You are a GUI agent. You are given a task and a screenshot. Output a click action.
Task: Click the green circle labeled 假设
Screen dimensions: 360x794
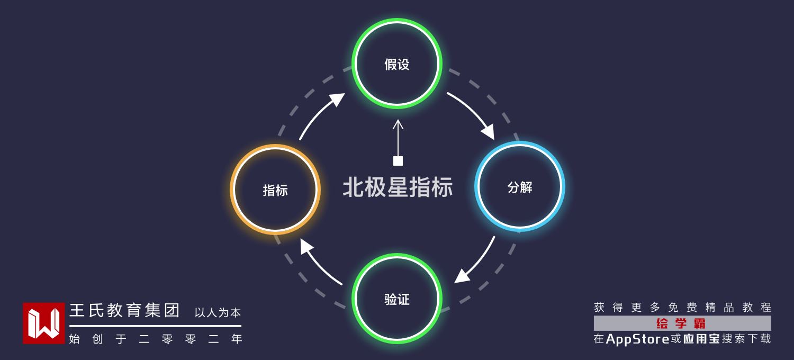coord(397,64)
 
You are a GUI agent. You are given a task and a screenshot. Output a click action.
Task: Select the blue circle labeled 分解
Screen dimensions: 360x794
coord(519,186)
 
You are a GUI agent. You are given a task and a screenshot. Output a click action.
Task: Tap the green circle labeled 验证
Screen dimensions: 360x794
coord(397,299)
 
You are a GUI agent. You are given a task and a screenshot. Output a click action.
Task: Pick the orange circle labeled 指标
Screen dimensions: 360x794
coord(275,190)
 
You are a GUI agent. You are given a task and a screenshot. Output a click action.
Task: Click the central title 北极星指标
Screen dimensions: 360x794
coord(398,187)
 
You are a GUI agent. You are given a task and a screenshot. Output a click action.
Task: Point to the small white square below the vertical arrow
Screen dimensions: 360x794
coord(398,161)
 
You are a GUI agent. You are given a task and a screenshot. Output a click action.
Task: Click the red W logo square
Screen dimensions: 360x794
coord(43,323)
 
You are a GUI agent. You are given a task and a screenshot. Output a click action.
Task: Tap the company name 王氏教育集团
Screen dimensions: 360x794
coord(125,310)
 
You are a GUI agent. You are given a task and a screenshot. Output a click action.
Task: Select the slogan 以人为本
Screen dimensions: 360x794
coord(218,312)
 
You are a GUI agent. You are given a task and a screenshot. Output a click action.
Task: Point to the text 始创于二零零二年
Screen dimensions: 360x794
coord(156,339)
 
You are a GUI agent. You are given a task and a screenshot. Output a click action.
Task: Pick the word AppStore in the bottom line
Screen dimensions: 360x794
coord(637,339)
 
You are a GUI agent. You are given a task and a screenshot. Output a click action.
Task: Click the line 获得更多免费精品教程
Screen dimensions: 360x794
coord(682,308)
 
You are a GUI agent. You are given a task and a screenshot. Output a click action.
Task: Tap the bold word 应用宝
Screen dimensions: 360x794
coord(701,339)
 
